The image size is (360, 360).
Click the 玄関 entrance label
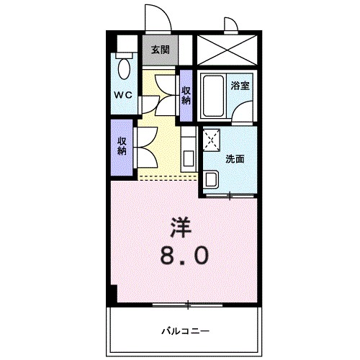(x=161, y=50)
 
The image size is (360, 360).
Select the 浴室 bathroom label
(x=240, y=85)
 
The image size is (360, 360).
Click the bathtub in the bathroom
(x=212, y=96)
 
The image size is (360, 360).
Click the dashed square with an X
(x=212, y=139)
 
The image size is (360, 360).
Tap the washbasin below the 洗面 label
(x=212, y=178)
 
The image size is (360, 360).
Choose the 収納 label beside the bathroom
(x=186, y=95)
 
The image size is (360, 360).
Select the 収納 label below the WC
(x=122, y=147)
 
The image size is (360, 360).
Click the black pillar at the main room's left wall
(x=112, y=294)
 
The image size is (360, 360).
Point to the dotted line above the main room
(x=167, y=176)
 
